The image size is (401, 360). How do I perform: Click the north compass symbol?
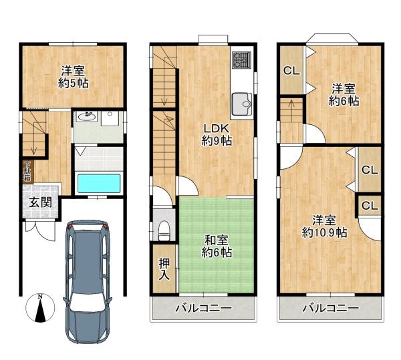click(40, 308)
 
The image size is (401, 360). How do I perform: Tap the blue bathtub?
click(99, 183)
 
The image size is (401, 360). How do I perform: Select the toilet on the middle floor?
click(164, 230)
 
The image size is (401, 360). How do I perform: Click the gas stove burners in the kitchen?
click(241, 60)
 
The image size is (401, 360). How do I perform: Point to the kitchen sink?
click(242, 104)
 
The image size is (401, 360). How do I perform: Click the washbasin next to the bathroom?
click(88, 116)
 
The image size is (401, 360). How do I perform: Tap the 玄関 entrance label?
click(40, 202)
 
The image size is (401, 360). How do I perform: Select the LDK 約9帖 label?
click(217, 135)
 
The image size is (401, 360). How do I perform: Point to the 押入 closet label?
click(164, 269)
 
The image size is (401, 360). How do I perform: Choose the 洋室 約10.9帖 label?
click(324, 226)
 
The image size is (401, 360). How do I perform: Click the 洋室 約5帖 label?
click(73, 77)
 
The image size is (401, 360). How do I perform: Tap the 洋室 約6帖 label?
click(344, 95)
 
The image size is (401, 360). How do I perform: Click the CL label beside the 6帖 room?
click(291, 71)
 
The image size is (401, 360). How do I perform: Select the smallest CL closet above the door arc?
click(370, 206)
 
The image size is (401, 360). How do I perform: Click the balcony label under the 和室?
click(203, 308)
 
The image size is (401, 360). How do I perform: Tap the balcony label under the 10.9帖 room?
click(331, 308)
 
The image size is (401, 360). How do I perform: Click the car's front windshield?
click(88, 305)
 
